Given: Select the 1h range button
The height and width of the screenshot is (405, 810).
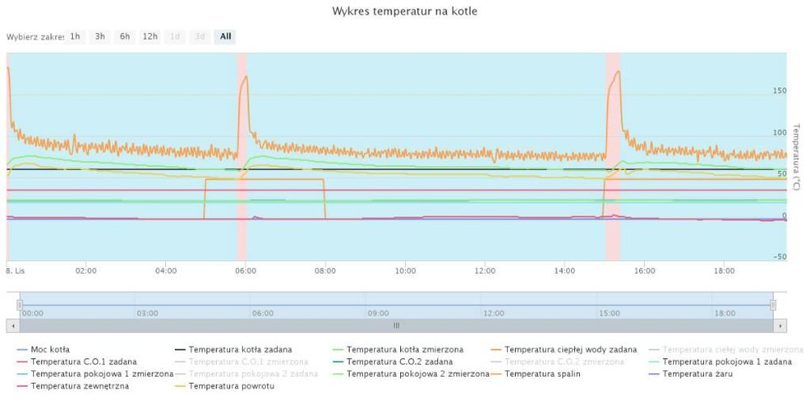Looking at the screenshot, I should coord(75,36).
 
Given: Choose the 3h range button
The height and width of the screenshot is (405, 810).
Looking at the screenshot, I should coord(100,36).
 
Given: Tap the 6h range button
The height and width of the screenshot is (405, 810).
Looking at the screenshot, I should coord(125,36).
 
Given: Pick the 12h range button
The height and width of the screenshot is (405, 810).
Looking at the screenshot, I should coord(150,36).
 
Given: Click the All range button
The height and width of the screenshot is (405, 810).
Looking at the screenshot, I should coord(225,36).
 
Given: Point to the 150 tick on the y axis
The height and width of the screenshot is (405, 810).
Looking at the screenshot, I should coord(779,91).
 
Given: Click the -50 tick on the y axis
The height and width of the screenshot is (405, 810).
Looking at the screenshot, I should coord(779,258).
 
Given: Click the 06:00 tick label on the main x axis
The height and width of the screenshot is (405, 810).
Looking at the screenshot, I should coord(245,271).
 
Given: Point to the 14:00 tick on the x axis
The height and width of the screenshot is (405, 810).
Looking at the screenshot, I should coord(565,271).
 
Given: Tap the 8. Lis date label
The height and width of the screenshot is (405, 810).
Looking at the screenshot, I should coord(17,271).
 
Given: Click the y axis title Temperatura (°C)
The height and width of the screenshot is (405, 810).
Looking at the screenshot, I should coord(796,158).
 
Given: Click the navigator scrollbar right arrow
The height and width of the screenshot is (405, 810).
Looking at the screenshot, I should coord(781,325).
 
